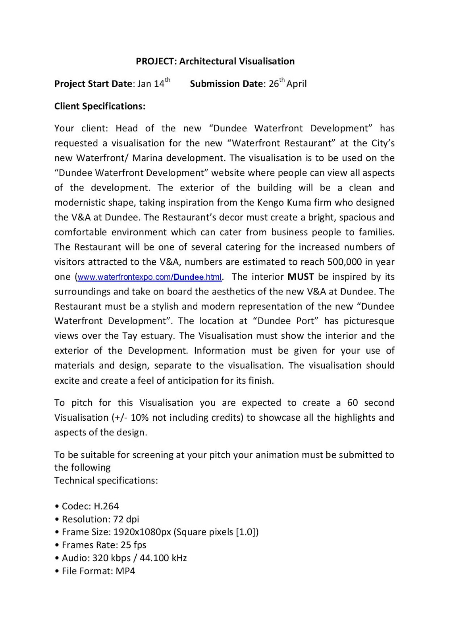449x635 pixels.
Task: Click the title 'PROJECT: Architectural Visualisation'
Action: click(215, 61)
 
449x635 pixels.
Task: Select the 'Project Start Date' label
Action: click(93, 84)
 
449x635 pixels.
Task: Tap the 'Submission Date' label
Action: click(226, 84)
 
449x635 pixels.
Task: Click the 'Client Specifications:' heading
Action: click(100, 106)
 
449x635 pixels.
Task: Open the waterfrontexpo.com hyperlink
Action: click(150, 277)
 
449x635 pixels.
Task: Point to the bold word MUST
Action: click(301, 277)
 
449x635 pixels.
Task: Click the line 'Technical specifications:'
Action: click(106, 481)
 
